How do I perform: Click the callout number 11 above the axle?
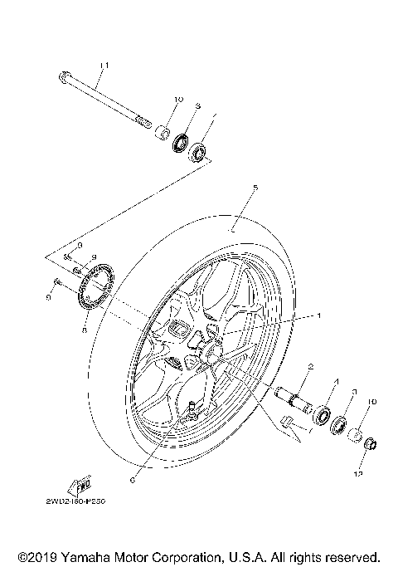pyautogui.click(x=104, y=66)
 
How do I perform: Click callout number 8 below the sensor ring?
pyautogui.click(x=85, y=329)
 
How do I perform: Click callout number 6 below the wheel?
pyautogui.click(x=133, y=479)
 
